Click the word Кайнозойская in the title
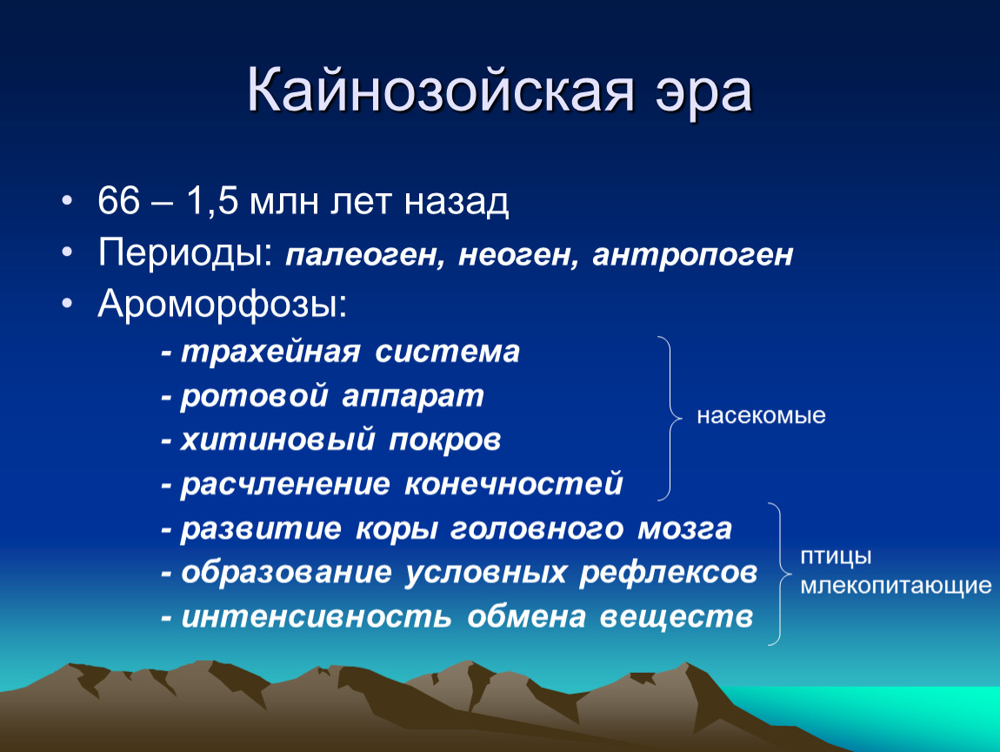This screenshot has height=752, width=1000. coord(441,91)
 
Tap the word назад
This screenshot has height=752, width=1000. coord(457,202)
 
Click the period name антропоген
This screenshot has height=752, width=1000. coord(692,255)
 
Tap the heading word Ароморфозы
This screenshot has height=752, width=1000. coord(223,305)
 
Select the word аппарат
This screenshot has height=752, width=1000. coord(413,396)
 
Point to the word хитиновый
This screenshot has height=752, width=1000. coord(277,440)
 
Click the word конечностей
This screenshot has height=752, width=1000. coord(513,484)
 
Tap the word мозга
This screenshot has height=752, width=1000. coord(685,529)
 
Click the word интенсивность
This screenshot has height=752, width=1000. coord(317,617)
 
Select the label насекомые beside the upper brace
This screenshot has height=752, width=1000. coord(761,415)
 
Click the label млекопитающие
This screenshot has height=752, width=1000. coord(896,586)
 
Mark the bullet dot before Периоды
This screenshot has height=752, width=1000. coord(68,252)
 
